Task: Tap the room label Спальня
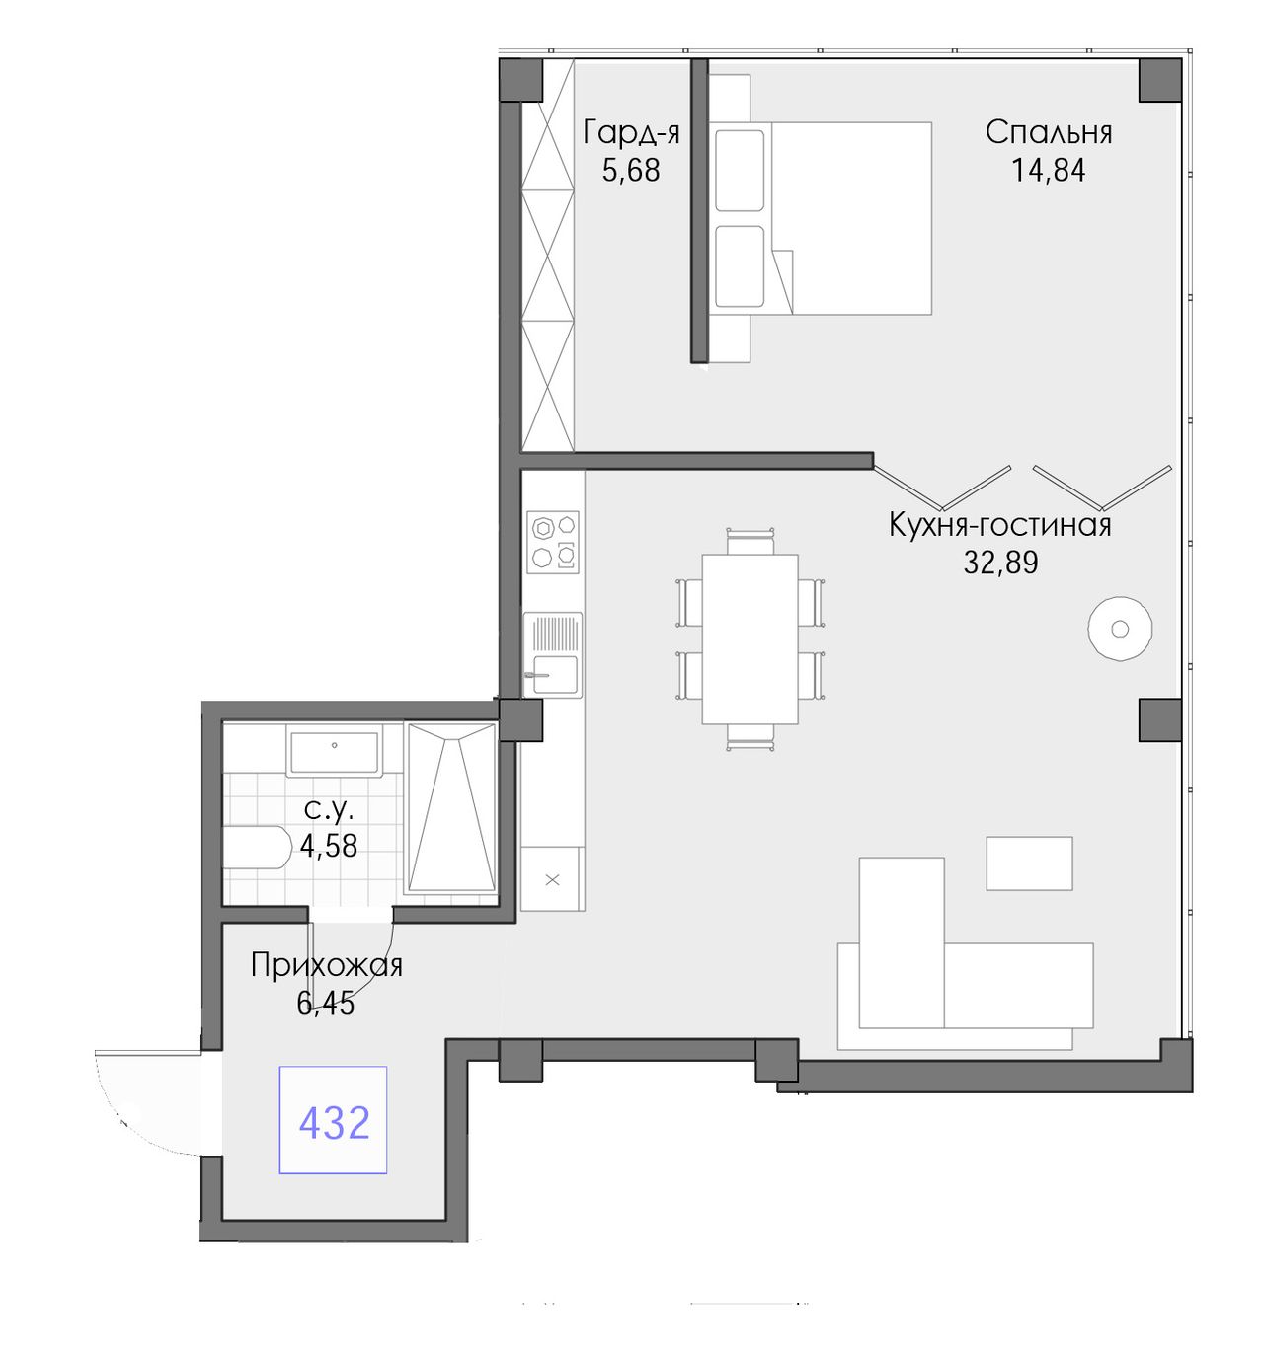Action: (1048, 133)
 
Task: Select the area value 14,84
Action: (1047, 171)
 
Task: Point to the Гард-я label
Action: (631, 133)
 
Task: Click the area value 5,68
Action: (631, 171)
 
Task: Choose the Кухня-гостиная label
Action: (1000, 525)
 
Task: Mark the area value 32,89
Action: (1000, 563)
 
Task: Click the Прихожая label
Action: (327, 965)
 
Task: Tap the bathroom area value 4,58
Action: (328, 846)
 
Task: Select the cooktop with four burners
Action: (553, 543)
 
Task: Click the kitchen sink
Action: (553, 654)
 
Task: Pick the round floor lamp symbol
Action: (1120, 628)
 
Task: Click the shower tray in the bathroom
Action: (450, 808)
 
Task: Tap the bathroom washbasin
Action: (334, 751)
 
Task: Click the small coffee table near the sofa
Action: (1029, 864)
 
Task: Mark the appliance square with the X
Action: (552, 879)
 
